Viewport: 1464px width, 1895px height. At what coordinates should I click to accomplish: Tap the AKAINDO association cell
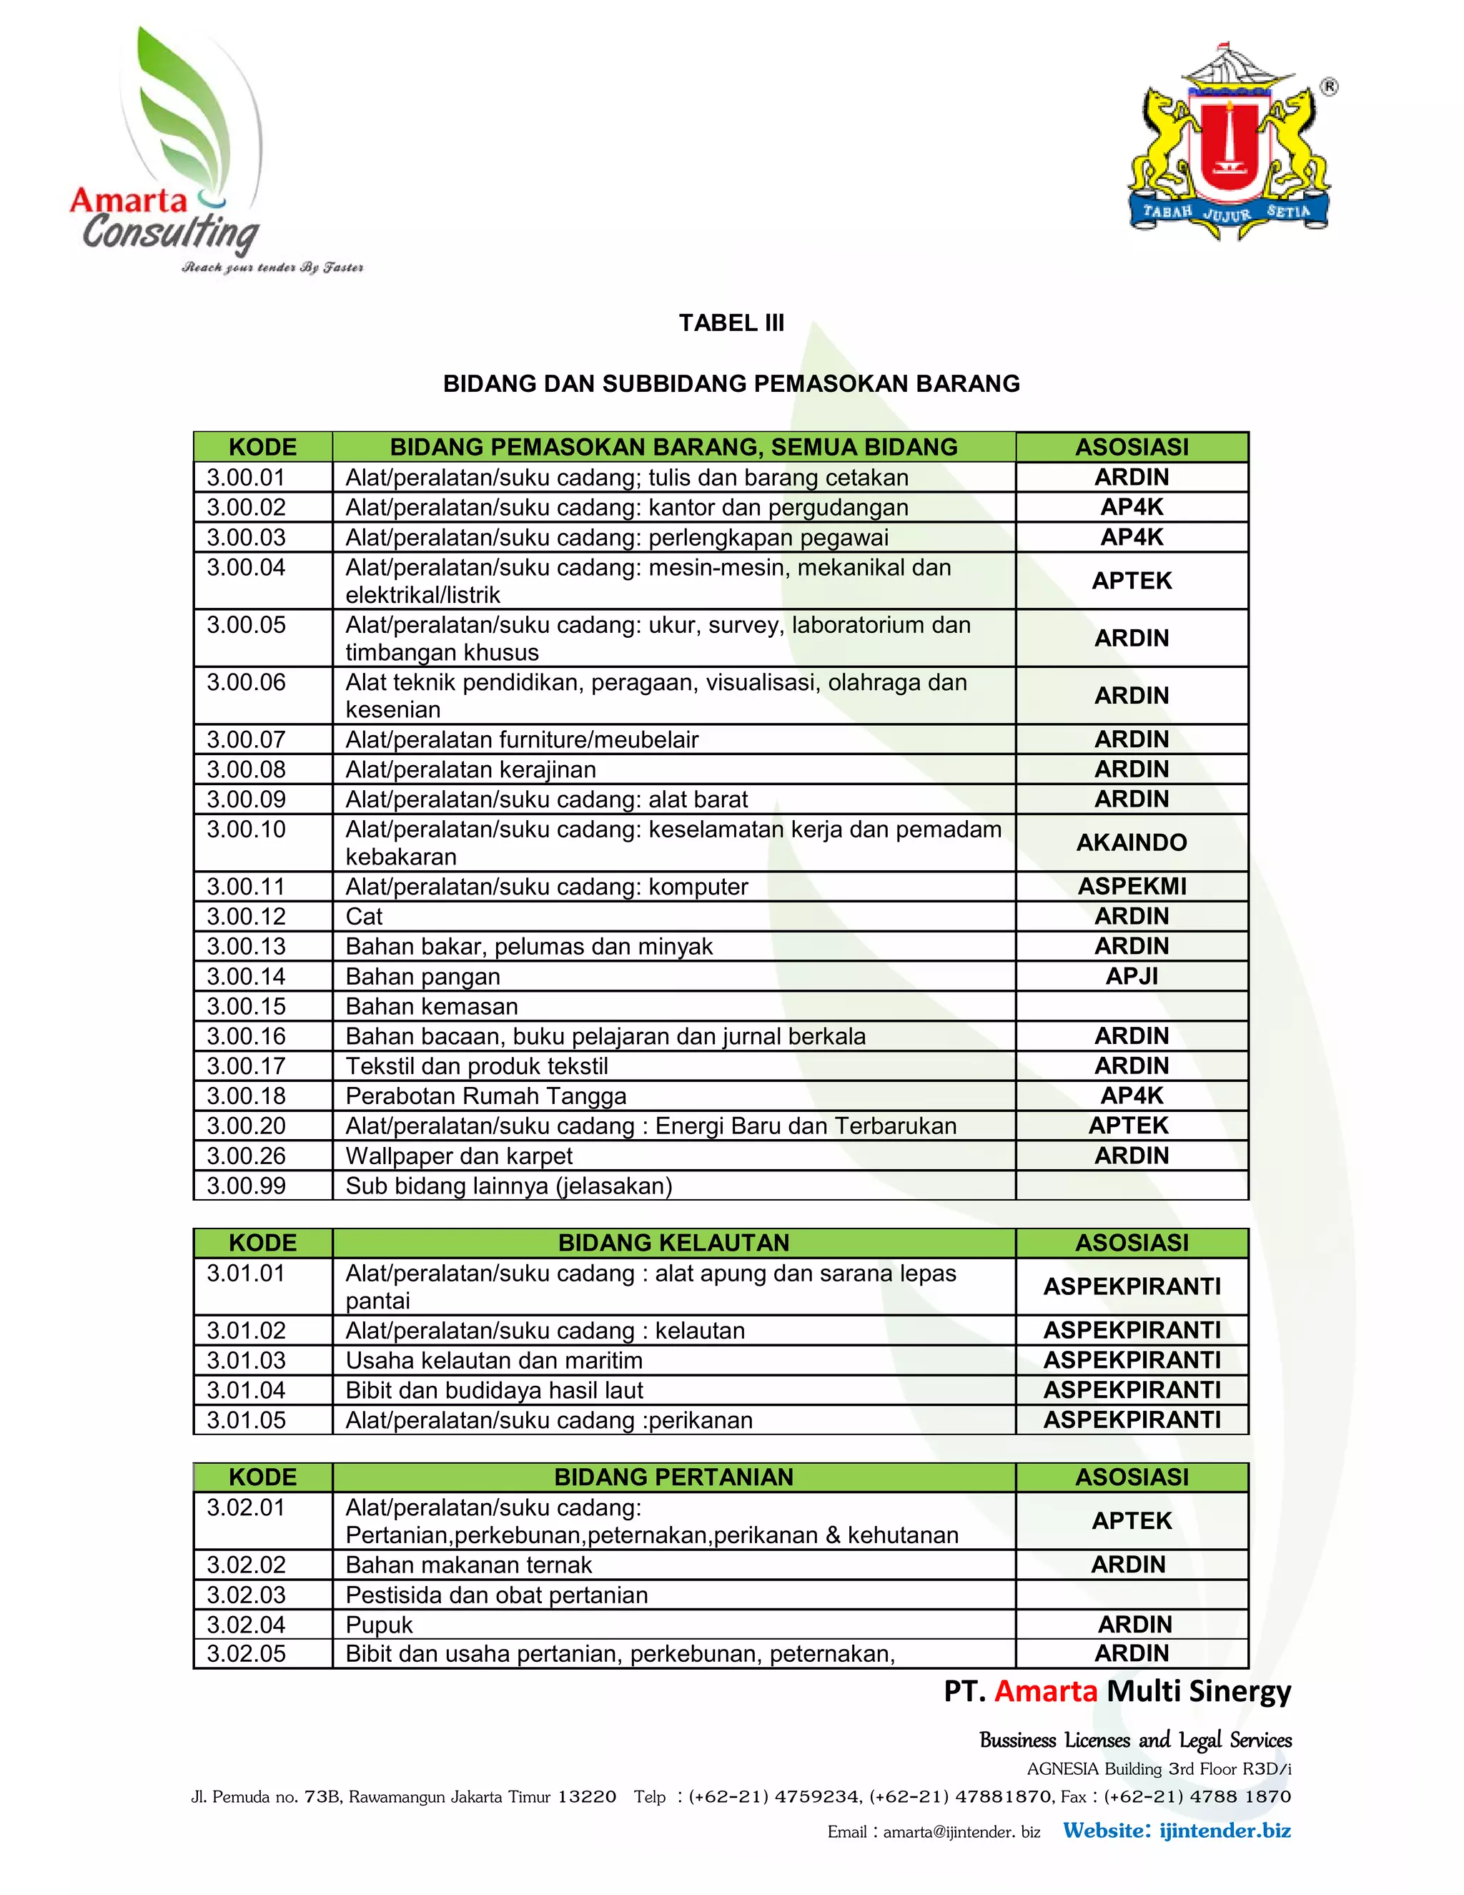click(x=1131, y=842)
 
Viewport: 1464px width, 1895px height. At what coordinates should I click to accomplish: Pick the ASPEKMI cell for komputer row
click(x=1131, y=886)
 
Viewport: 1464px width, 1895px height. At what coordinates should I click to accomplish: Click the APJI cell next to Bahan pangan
click(x=1131, y=976)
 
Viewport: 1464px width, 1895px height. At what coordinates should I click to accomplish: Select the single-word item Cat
click(x=365, y=916)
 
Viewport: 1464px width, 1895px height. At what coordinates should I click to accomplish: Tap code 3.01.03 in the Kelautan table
click(x=247, y=1359)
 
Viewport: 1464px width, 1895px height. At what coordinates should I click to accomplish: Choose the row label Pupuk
click(x=379, y=1624)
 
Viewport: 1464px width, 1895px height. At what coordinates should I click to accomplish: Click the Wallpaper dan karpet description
click(x=459, y=1156)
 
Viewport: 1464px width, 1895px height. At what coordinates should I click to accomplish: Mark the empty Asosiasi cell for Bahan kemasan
click(x=1131, y=1007)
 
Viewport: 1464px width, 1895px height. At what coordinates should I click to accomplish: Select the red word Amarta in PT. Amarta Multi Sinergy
click(x=1045, y=1691)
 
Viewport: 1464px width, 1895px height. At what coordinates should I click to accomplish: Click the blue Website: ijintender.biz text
click(x=1176, y=1831)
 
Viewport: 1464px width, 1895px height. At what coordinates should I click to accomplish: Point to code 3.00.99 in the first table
click(x=247, y=1185)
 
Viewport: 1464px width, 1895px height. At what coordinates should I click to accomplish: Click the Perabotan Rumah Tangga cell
click(x=485, y=1096)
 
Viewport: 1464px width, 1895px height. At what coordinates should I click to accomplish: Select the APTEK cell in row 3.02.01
click(x=1131, y=1521)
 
